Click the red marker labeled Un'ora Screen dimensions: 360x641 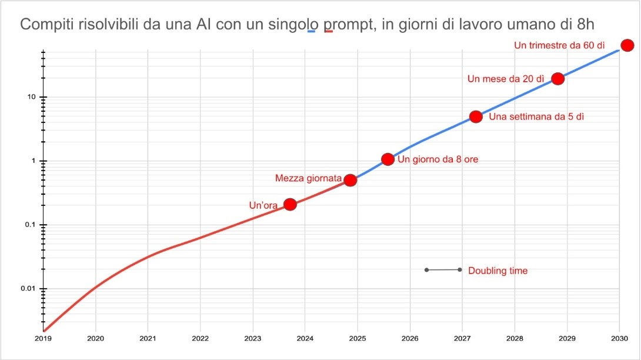290,205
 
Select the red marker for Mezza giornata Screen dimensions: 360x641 350,180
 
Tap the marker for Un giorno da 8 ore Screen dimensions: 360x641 388,159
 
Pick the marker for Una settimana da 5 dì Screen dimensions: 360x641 476,116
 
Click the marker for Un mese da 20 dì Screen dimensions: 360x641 557,78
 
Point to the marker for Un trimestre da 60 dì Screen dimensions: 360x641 627,45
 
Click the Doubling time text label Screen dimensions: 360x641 498,271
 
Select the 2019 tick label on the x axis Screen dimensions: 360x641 44,339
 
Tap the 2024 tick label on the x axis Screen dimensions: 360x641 305,339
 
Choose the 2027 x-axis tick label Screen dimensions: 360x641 462,339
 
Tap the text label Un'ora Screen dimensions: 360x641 263,205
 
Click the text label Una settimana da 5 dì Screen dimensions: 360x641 536,116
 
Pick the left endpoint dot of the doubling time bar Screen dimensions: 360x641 426,270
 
